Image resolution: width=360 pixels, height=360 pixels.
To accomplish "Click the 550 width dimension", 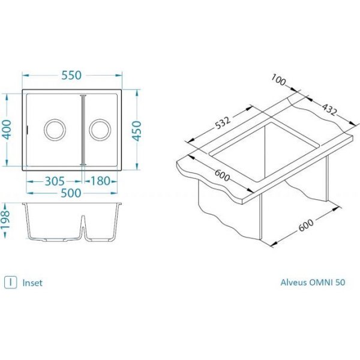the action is click(x=71, y=76).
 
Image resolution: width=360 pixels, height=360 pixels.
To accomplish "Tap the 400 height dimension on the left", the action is click(x=7, y=130).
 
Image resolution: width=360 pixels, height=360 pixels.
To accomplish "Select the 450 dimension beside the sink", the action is click(x=137, y=131).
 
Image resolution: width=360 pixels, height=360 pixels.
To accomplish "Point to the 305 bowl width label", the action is click(x=55, y=181).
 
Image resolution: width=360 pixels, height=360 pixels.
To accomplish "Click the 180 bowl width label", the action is click(x=101, y=181).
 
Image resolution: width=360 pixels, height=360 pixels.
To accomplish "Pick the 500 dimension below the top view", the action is click(x=71, y=193).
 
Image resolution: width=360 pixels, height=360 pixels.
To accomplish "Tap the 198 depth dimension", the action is click(x=5, y=220).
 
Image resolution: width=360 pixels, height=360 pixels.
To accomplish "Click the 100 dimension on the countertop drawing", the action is click(x=278, y=80).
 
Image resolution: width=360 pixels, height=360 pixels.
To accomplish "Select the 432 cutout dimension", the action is click(x=329, y=110).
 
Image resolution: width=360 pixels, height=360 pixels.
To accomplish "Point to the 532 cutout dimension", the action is click(x=223, y=123).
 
